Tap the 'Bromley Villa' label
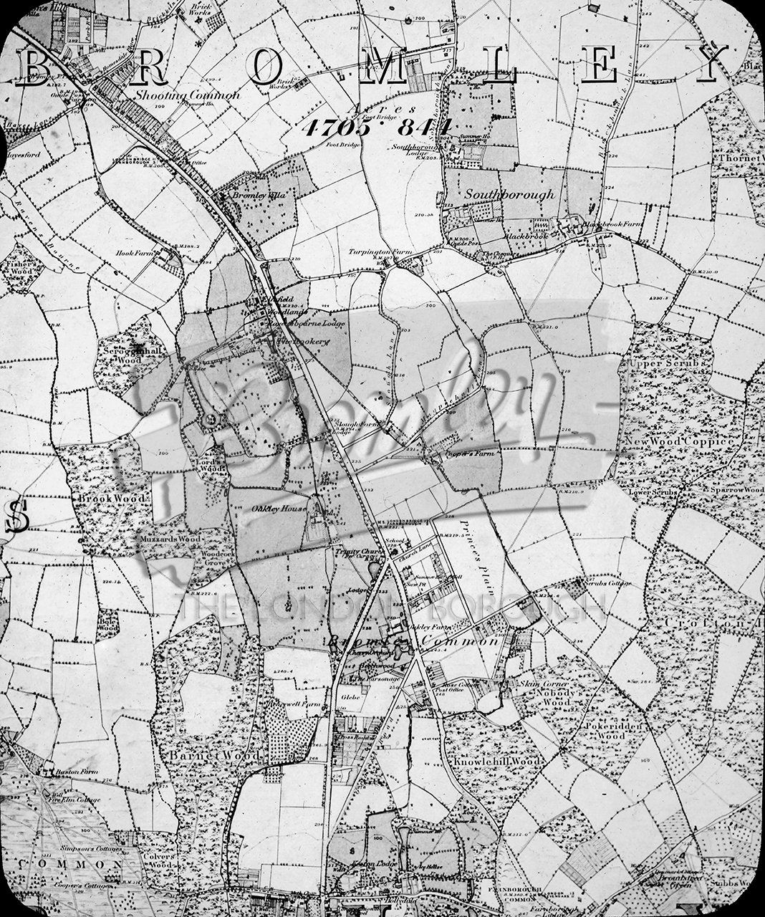(254, 194)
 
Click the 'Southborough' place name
(509, 194)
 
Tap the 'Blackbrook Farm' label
(608, 224)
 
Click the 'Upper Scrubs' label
(658, 363)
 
